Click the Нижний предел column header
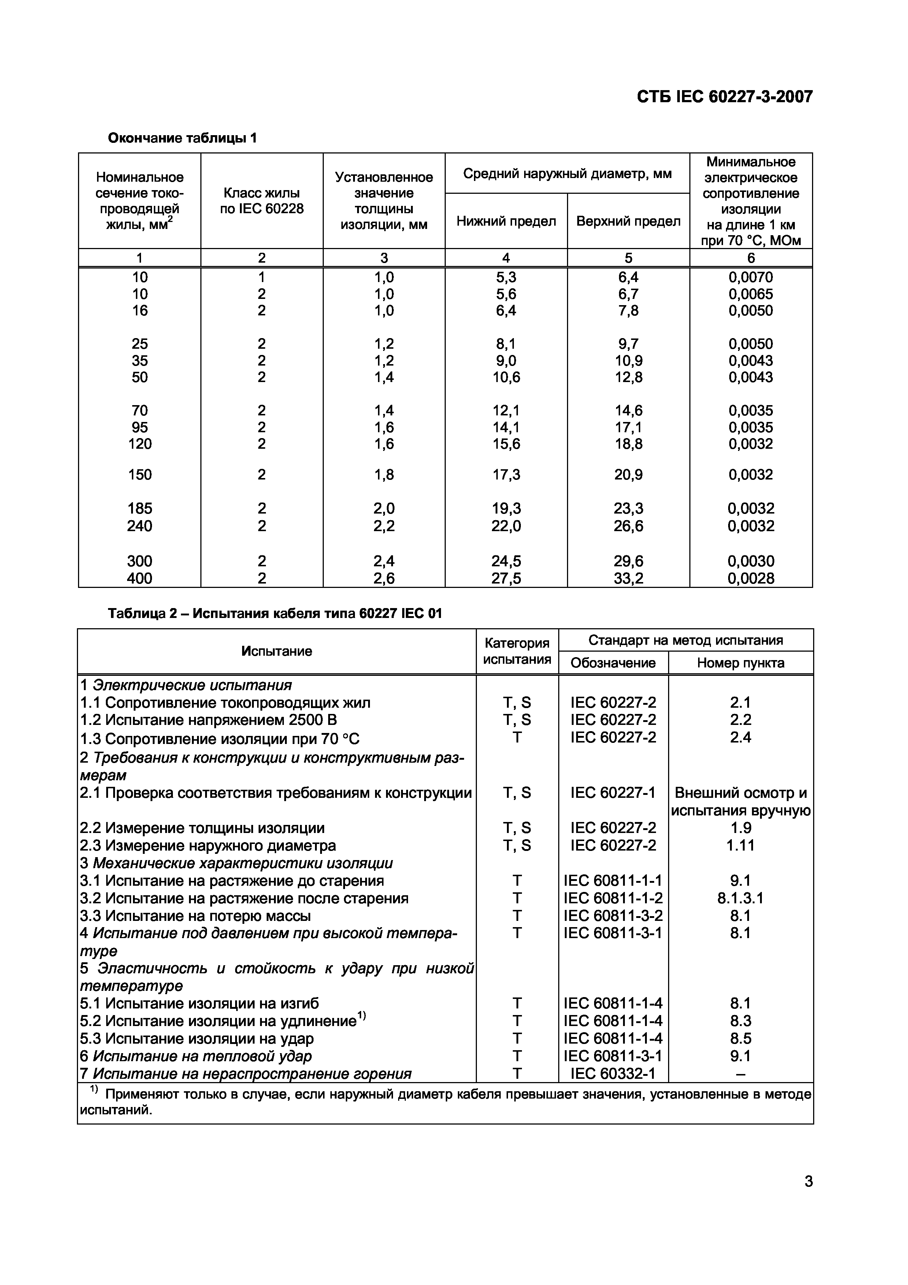[506, 221]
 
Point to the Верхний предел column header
[628, 221]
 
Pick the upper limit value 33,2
[628, 578]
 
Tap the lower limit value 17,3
[506, 475]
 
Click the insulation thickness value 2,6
[384, 578]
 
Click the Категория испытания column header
[517, 651]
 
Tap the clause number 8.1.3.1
[740, 898]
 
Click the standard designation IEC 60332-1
[613, 1073]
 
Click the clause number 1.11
[740, 845]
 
